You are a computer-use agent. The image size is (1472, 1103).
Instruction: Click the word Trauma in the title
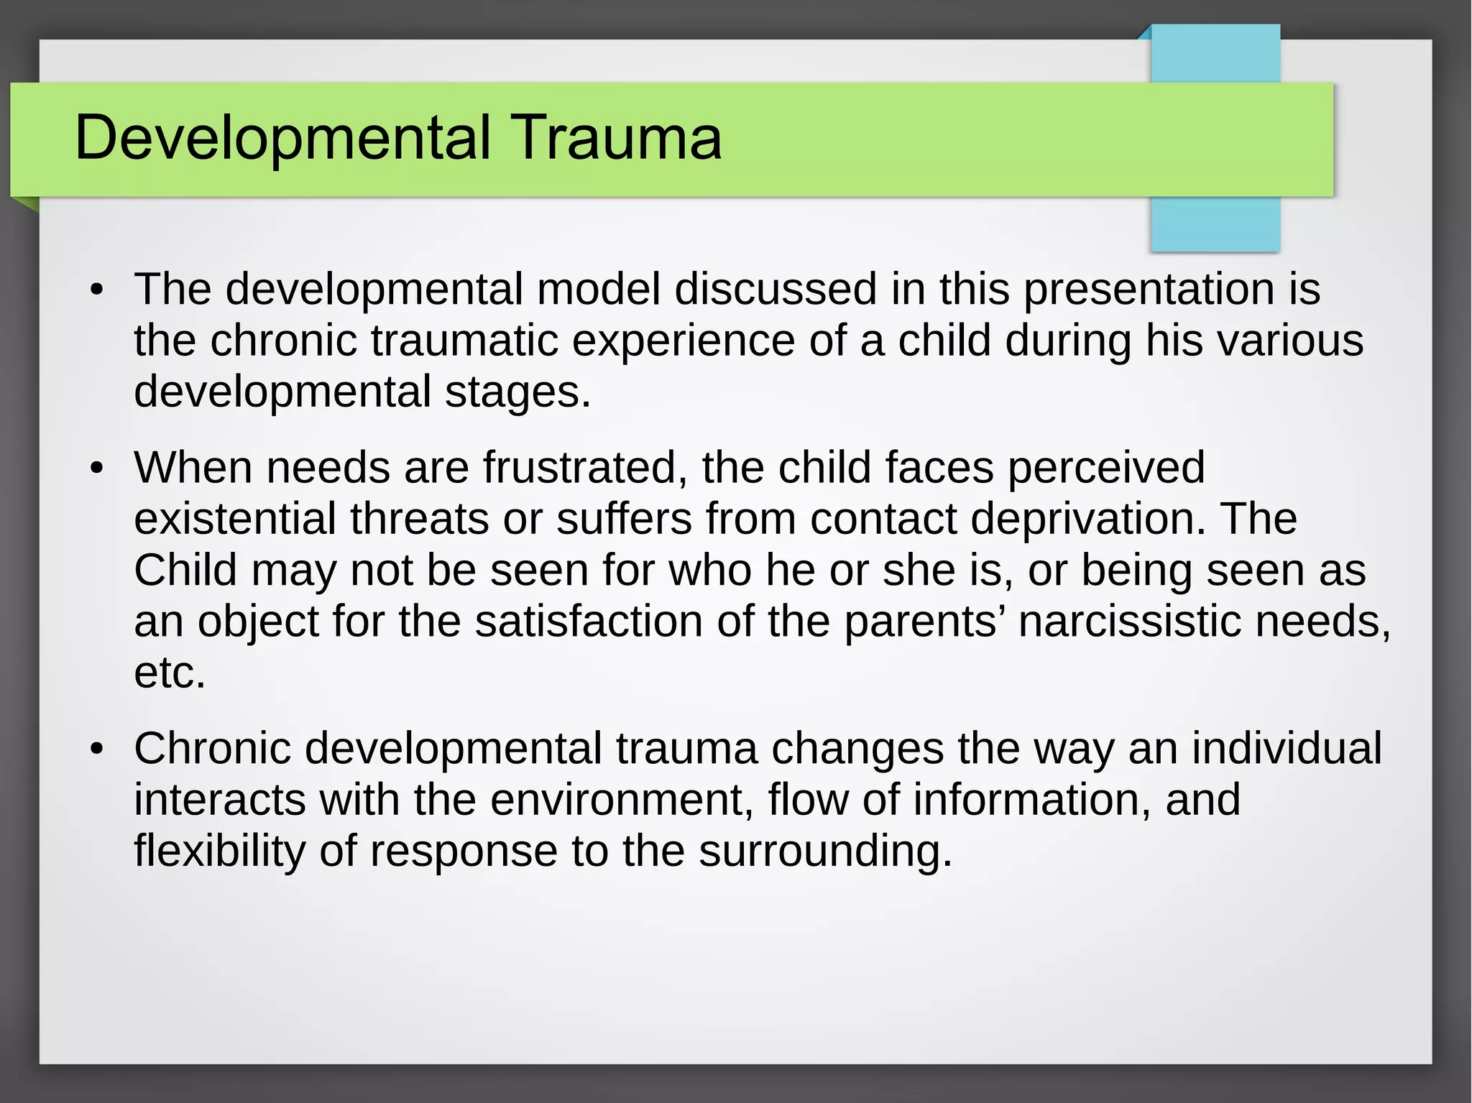coord(617,138)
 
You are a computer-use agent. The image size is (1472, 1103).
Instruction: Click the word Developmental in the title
coord(282,138)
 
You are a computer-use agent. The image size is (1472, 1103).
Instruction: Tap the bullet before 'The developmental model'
coord(97,291)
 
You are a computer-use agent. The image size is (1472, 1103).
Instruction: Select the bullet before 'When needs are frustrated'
coord(97,469)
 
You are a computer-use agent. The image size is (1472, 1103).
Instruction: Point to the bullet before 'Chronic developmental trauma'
coord(97,749)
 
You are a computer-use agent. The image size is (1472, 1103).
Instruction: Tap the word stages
coord(517,392)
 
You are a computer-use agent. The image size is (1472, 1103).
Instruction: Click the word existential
coord(235,519)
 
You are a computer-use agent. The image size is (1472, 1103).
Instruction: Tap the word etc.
coord(170,673)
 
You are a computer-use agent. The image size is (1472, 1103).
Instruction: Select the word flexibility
coord(219,851)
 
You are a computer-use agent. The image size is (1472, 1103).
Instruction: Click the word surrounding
coord(825,851)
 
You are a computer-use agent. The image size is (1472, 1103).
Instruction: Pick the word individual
coord(1286,748)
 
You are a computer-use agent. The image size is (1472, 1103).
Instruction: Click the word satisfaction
coord(588,622)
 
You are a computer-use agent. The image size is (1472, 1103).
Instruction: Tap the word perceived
coord(1105,468)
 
